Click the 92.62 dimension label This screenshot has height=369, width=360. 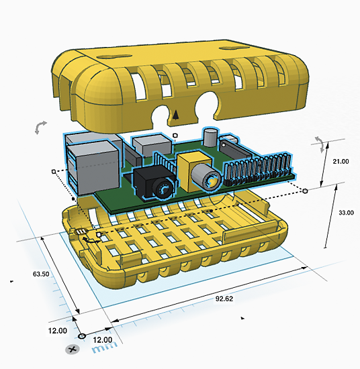pyautogui.click(x=224, y=299)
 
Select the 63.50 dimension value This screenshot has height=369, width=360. pyautogui.click(x=41, y=274)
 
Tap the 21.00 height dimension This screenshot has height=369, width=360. pyautogui.click(x=341, y=162)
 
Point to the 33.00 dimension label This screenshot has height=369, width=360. pyautogui.click(x=346, y=213)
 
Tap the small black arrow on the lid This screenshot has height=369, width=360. pyautogui.click(x=175, y=115)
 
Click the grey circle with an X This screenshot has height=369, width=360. pyautogui.click(x=72, y=350)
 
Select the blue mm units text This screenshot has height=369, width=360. pyautogui.click(x=104, y=348)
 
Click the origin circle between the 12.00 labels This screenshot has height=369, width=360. pyautogui.click(x=82, y=336)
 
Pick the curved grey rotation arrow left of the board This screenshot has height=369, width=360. pyautogui.click(x=40, y=127)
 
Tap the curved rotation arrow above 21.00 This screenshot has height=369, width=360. pyautogui.click(x=320, y=144)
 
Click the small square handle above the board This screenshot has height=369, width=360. pyautogui.click(x=175, y=136)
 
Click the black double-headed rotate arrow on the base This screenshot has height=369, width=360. pyautogui.click(x=91, y=240)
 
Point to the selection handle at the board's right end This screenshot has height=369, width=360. pyautogui.click(x=305, y=191)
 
